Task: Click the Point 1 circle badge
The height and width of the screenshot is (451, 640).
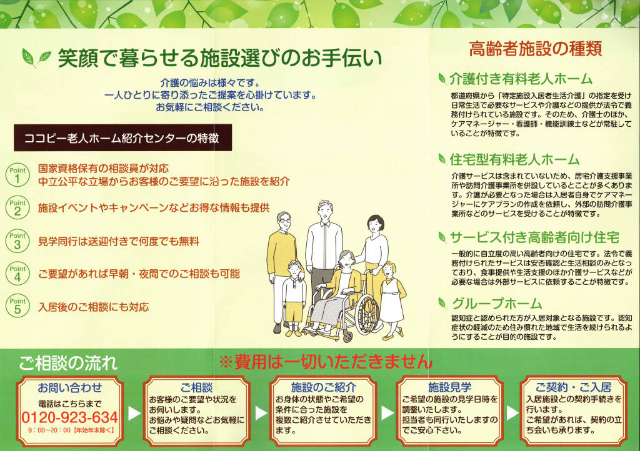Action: coord(17,176)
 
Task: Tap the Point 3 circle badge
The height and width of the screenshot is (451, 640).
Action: coord(17,241)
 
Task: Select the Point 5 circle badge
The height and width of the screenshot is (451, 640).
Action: coord(17,306)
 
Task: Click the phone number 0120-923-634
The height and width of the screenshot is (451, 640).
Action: coord(69,417)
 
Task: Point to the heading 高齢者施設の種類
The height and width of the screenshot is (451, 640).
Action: coord(535,49)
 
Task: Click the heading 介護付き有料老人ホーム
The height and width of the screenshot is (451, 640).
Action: coord(520,79)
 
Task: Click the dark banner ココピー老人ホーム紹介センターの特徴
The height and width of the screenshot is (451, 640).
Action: coord(122,138)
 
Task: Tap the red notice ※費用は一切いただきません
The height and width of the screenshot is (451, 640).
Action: coord(325,362)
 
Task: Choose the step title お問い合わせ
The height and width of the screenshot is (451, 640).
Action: coord(69,387)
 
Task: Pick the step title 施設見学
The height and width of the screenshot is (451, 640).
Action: coord(449,387)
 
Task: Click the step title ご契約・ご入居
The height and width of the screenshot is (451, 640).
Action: coord(573,387)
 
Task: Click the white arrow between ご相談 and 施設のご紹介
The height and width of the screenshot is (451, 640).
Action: coord(259,413)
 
